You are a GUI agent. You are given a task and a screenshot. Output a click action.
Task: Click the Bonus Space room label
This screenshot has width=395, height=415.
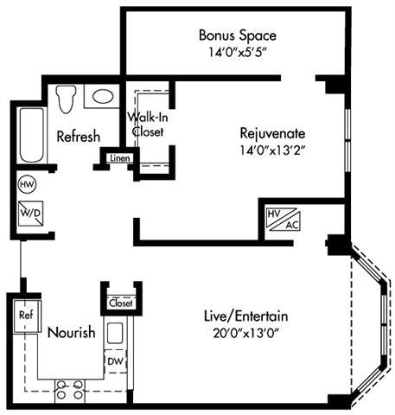[237, 36]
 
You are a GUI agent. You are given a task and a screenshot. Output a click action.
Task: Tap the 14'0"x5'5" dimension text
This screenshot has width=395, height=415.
[237, 52]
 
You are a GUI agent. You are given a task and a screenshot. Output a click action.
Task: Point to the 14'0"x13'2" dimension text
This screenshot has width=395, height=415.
[272, 149]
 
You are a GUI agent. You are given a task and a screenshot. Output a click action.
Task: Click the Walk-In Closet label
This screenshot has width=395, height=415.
[147, 124]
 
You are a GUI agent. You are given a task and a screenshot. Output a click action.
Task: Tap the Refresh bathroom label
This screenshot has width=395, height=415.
[78, 137]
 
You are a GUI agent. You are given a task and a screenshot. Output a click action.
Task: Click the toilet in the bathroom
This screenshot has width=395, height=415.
[66, 97]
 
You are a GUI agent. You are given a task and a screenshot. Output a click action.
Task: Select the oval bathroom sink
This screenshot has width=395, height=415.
[104, 97]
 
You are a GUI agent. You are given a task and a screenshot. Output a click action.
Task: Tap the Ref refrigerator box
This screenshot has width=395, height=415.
[26, 316]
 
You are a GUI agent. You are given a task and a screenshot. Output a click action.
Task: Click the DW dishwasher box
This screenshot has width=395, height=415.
[115, 360]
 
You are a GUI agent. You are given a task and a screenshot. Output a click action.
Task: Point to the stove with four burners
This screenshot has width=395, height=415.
[69, 391]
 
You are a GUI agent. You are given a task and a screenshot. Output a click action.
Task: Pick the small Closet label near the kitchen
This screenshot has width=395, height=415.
[120, 303]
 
